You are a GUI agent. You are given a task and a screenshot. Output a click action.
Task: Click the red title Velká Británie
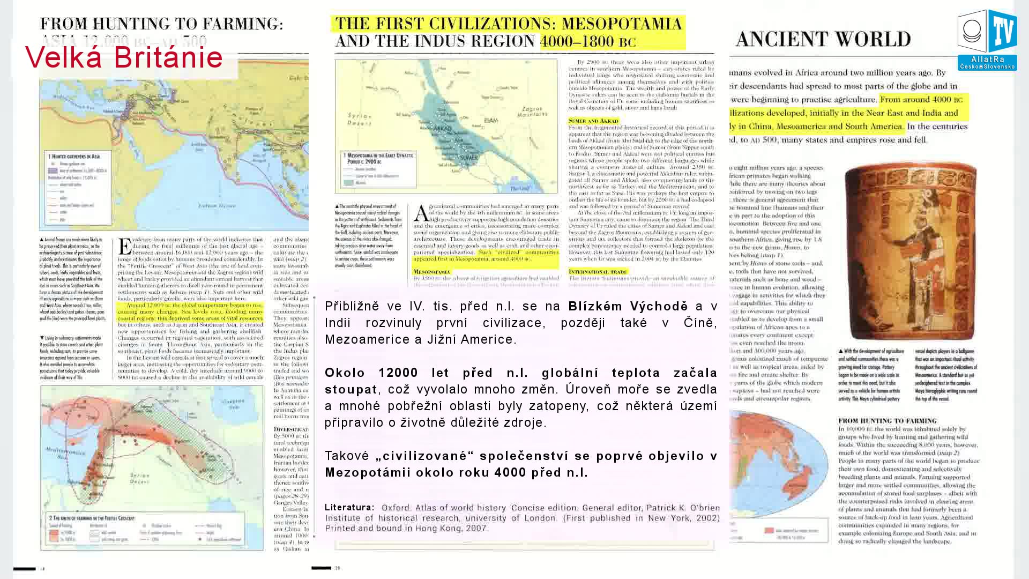click(x=124, y=57)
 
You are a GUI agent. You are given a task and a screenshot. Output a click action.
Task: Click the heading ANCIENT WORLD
click(x=823, y=39)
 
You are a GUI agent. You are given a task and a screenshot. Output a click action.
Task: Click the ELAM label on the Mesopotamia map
click(x=491, y=121)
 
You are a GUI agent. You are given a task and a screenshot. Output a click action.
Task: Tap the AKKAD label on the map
click(x=442, y=130)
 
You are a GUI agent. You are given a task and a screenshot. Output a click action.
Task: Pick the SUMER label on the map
click(x=468, y=158)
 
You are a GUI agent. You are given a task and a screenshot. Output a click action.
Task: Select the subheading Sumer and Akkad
click(x=593, y=121)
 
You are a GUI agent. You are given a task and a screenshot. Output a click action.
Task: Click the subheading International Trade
click(x=598, y=272)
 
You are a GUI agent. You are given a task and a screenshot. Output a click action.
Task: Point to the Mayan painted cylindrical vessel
click(x=910, y=252)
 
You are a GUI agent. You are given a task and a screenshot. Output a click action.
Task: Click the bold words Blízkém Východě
click(x=628, y=307)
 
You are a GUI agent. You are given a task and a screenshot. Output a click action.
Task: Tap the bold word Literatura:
click(x=349, y=507)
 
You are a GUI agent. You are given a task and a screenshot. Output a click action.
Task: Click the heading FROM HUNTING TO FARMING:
click(x=161, y=24)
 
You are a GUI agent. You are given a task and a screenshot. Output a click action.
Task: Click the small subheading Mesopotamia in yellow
click(x=432, y=272)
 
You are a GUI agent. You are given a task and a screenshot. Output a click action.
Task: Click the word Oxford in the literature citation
click(x=396, y=508)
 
